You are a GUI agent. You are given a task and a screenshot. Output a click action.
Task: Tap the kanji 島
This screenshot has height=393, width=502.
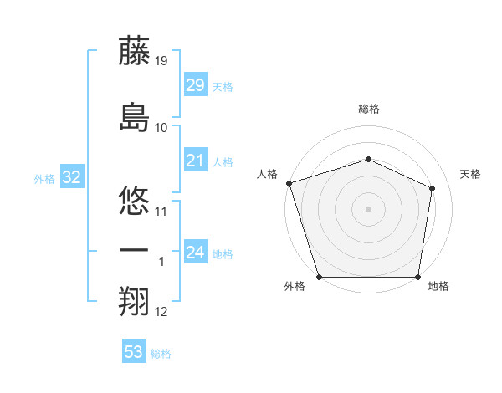point(134,117)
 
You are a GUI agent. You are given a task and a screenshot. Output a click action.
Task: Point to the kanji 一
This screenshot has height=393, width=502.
point(134,251)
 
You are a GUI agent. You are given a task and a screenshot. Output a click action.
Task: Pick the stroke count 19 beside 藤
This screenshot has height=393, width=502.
point(161,61)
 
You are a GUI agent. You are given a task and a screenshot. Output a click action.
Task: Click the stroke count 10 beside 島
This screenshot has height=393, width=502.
point(161,127)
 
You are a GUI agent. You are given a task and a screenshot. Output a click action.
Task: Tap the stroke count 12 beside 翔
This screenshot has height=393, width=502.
point(161,312)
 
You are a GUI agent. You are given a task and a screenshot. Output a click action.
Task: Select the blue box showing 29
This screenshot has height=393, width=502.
point(195,85)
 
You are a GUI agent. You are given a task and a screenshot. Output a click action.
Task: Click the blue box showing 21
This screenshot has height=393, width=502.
point(195,161)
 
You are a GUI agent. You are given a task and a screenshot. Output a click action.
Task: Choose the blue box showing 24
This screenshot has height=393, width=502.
point(195,253)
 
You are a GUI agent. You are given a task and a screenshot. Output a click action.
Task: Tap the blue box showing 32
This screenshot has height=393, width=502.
point(71,177)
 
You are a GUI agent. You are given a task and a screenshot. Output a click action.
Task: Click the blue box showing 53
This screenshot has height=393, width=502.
point(133,352)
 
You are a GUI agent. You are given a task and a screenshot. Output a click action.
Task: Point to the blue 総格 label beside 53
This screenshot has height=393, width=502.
point(161,354)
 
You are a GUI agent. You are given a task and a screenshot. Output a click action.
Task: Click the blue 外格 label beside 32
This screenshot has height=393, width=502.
point(44,179)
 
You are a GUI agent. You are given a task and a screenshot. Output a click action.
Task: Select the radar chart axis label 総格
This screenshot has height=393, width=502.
point(368,110)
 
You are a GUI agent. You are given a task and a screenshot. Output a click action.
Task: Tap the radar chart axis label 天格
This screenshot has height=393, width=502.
point(471,174)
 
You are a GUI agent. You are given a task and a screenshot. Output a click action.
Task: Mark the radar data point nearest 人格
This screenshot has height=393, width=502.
point(289,183)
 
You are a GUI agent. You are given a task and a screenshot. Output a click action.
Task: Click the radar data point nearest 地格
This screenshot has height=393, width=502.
point(417,277)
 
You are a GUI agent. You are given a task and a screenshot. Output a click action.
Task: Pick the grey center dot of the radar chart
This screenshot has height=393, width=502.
point(368,209)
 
